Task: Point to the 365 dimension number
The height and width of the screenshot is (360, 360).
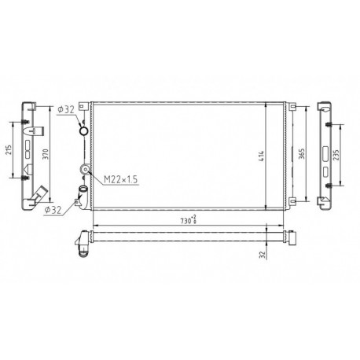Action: tap(302, 153)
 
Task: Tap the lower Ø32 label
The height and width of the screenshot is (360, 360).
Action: tap(55, 208)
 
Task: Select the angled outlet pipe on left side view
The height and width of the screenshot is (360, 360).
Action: tap(38, 193)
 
